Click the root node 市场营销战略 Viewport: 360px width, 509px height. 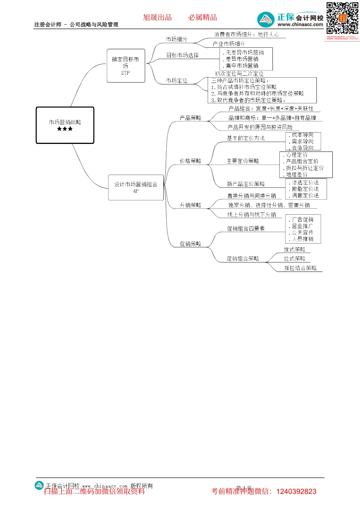(65, 122)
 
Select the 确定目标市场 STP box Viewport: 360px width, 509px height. (126, 66)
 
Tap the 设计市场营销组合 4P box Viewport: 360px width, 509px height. (136, 187)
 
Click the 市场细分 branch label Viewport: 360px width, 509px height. (177, 39)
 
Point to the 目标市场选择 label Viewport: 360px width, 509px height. (182, 55)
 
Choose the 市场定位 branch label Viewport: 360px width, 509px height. (177, 81)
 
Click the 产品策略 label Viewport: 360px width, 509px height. (191, 118)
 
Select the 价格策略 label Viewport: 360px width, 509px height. (191, 161)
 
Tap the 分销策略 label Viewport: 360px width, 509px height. (191, 205)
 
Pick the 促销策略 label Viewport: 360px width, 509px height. (191, 244)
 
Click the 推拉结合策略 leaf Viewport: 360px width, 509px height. (301, 268)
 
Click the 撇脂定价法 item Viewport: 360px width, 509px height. (305, 189)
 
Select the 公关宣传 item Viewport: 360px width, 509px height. (302, 233)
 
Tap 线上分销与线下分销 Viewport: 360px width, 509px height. (252, 214)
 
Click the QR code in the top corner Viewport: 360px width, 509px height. (342, 18)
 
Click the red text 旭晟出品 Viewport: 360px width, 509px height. (157, 17)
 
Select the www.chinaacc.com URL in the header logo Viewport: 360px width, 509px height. (300, 25)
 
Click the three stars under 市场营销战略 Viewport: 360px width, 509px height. (65, 129)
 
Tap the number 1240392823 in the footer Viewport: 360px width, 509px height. (296, 492)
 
